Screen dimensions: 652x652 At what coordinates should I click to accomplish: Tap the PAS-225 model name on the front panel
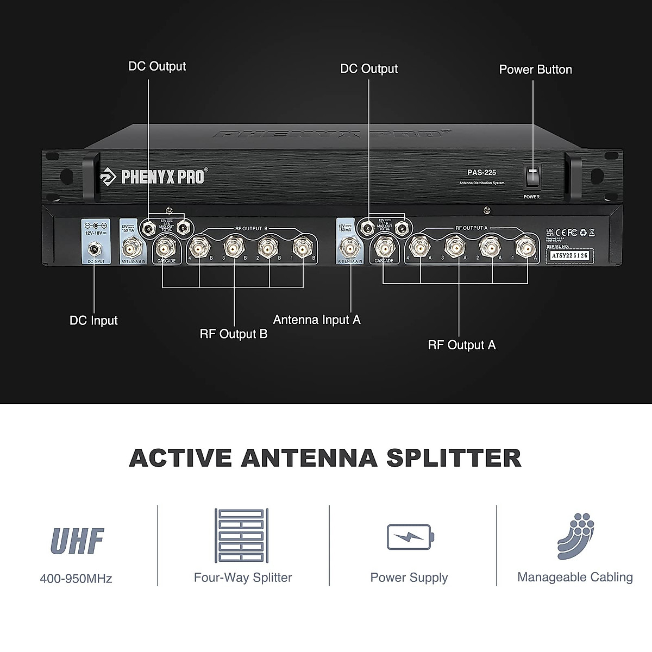[481, 172]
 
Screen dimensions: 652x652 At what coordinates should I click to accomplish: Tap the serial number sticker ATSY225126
[569, 255]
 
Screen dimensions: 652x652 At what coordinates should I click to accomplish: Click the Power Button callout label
[535, 70]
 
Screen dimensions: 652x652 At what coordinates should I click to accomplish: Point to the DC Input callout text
[93, 321]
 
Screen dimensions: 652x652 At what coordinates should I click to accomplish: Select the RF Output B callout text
[234, 334]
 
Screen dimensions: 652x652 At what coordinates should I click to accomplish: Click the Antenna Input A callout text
[317, 319]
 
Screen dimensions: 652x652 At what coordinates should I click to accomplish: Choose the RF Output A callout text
[462, 345]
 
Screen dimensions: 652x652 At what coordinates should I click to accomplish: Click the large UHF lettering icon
[77, 541]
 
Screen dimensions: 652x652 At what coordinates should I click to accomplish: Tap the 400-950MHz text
[76, 579]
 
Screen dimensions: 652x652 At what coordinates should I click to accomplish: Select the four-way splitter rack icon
[242, 536]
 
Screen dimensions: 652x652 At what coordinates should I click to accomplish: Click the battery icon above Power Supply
[410, 537]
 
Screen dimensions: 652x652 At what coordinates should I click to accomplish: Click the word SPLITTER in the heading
[454, 458]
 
